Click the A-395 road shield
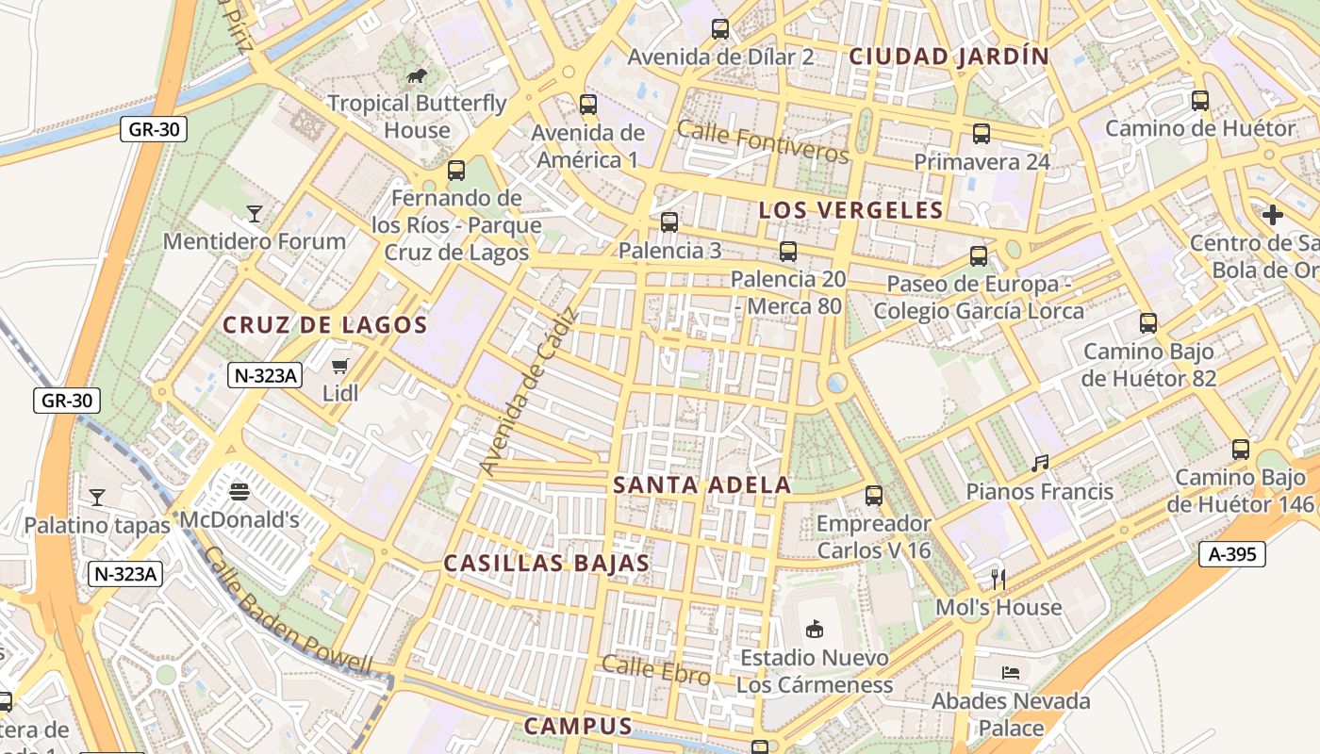tap(1233, 554)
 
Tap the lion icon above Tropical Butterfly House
tap(416, 76)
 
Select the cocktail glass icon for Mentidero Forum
tap(254, 214)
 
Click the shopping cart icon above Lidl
tap(340, 366)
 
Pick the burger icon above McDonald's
tap(239, 491)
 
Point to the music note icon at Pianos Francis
tap(1040, 463)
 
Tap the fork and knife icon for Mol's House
tap(998, 579)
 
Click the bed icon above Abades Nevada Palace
tap(1010, 673)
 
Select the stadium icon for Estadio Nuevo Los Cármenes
tap(815, 628)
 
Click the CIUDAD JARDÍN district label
tap(949, 57)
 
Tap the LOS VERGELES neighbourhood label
tap(850, 210)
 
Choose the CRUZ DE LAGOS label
tap(325, 326)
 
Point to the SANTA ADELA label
tap(702, 485)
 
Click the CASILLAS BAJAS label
tap(547, 564)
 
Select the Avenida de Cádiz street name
tap(527, 391)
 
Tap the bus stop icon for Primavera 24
tap(982, 134)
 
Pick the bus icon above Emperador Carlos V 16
tap(874, 495)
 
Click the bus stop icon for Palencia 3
tap(669, 222)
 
